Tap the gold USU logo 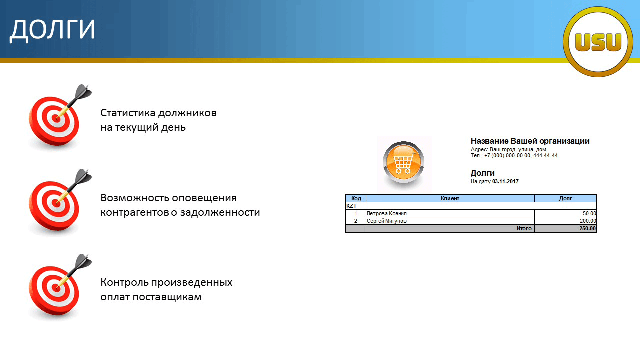click(x=598, y=42)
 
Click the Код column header click(x=356, y=198)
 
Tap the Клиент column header click(x=450, y=198)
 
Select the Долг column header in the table click(x=565, y=198)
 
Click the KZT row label click(x=351, y=206)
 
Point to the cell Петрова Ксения click(x=386, y=213)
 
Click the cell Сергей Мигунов click(x=386, y=221)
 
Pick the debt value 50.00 click(x=589, y=213)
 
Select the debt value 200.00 click(x=588, y=221)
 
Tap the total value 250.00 click(x=587, y=228)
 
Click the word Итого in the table click(x=524, y=228)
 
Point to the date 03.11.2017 click(x=505, y=181)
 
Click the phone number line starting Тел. click(x=514, y=155)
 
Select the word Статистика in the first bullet click(x=128, y=113)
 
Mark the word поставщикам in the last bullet click(x=167, y=297)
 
